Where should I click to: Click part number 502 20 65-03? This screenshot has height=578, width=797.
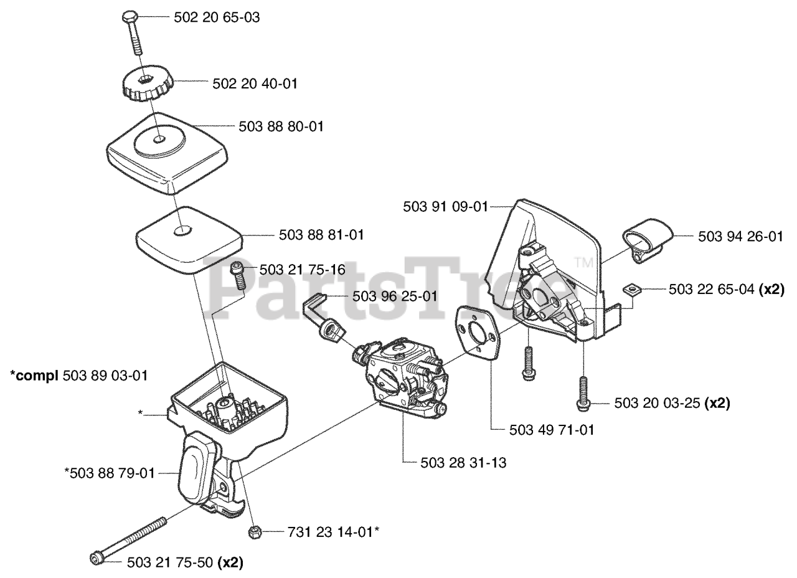[x=216, y=18]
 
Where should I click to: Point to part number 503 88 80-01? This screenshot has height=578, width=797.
[x=281, y=126]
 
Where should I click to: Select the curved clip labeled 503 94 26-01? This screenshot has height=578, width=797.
[x=646, y=239]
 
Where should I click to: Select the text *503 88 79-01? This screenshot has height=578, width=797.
[x=109, y=473]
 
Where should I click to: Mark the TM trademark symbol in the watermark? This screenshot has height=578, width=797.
[x=583, y=263]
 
